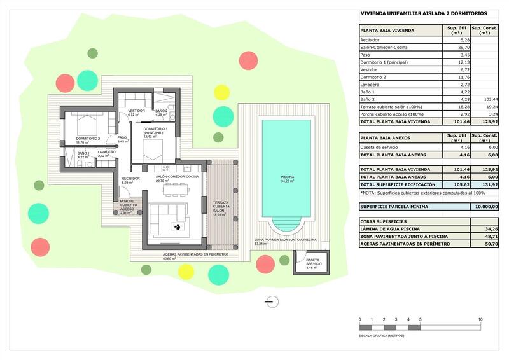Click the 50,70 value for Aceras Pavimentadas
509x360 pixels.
(491, 243)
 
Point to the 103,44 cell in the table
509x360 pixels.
(490, 100)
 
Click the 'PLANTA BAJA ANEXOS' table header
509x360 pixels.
(387, 137)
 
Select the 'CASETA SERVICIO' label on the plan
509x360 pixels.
(314, 262)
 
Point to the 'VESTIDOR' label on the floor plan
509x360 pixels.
(137, 111)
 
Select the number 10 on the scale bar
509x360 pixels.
(480, 319)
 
